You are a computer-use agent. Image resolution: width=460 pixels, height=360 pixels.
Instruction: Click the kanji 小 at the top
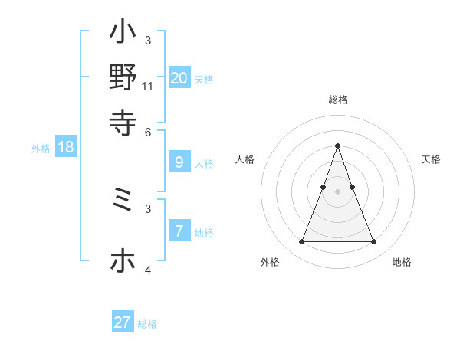(123, 34)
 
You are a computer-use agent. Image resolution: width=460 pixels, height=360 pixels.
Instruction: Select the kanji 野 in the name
(123, 77)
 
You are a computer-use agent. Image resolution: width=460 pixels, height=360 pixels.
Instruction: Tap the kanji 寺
(123, 121)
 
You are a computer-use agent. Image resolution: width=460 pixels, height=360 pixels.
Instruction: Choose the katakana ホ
(123, 261)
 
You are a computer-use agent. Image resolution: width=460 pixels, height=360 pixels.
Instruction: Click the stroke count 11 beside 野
(148, 87)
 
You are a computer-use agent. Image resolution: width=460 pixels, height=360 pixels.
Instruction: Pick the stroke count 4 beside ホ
(148, 269)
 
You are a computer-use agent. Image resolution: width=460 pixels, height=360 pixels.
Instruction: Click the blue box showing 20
(179, 77)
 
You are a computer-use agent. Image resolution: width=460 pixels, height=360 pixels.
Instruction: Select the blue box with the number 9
(179, 162)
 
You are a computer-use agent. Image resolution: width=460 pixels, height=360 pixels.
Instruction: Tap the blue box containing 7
(179, 231)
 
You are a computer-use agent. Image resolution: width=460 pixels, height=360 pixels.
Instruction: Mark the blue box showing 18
(66, 147)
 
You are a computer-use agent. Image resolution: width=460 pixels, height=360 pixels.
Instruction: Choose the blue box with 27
(123, 322)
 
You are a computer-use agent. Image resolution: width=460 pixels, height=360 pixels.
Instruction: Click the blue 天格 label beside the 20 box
(204, 79)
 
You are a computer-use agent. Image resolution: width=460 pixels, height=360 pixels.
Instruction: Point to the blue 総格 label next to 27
(147, 324)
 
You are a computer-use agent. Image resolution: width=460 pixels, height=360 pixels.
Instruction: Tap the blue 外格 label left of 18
(41, 149)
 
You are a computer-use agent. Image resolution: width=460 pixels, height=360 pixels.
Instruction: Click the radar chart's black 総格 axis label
(337, 100)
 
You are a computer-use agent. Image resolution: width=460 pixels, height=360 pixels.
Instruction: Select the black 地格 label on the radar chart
(402, 262)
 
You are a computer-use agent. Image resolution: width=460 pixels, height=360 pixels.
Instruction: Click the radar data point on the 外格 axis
(301, 242)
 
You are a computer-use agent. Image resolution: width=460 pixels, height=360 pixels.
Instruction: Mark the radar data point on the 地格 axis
(373, 242)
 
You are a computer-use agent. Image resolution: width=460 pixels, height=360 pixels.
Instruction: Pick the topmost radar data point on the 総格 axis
(337, 146)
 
